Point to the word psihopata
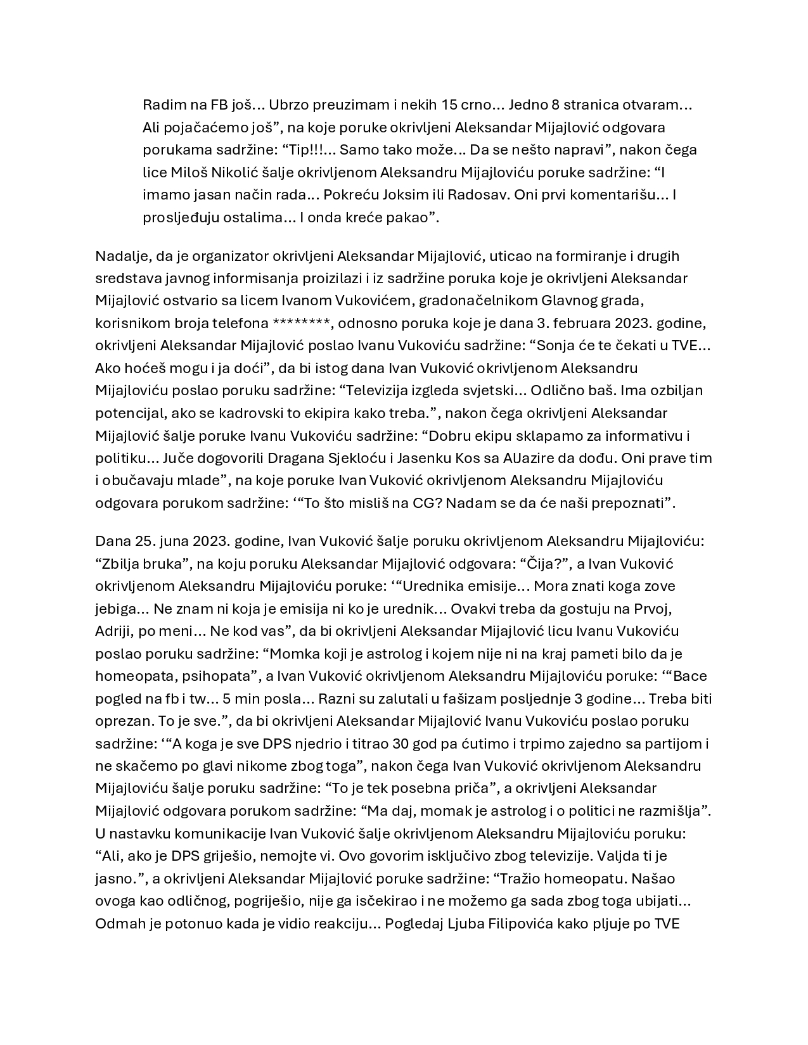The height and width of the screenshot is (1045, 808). pyautogui.click(x=217, y=676)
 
